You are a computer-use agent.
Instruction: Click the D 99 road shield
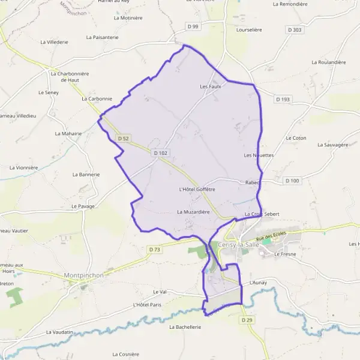pyautogui.click(x=193, y=26)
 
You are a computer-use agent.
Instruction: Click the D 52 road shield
pyautogui.click(x=124, y=139)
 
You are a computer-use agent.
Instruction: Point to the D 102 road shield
pyautogui.click(x=160, y=153)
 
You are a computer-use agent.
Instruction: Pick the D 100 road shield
pyautogui.click(x=292, y=181)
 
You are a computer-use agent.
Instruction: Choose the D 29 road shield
pyautogui.click(x=247, y=320)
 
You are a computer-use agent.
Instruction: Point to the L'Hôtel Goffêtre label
pyautogui.click(x=197, y=189)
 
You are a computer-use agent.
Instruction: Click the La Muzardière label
pyautogui.click(x=193, y=212)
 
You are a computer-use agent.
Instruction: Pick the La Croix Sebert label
pyautogui.click(x=262, y=214)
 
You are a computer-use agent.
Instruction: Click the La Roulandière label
pyautogui.click(x=329, y=62)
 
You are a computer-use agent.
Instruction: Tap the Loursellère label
pyautogui.click(x=250, y=29)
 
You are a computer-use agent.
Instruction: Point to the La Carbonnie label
pyautogui.click(x=97, y=98)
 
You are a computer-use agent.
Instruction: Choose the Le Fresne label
pyautogui.click(x=285, y=254)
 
